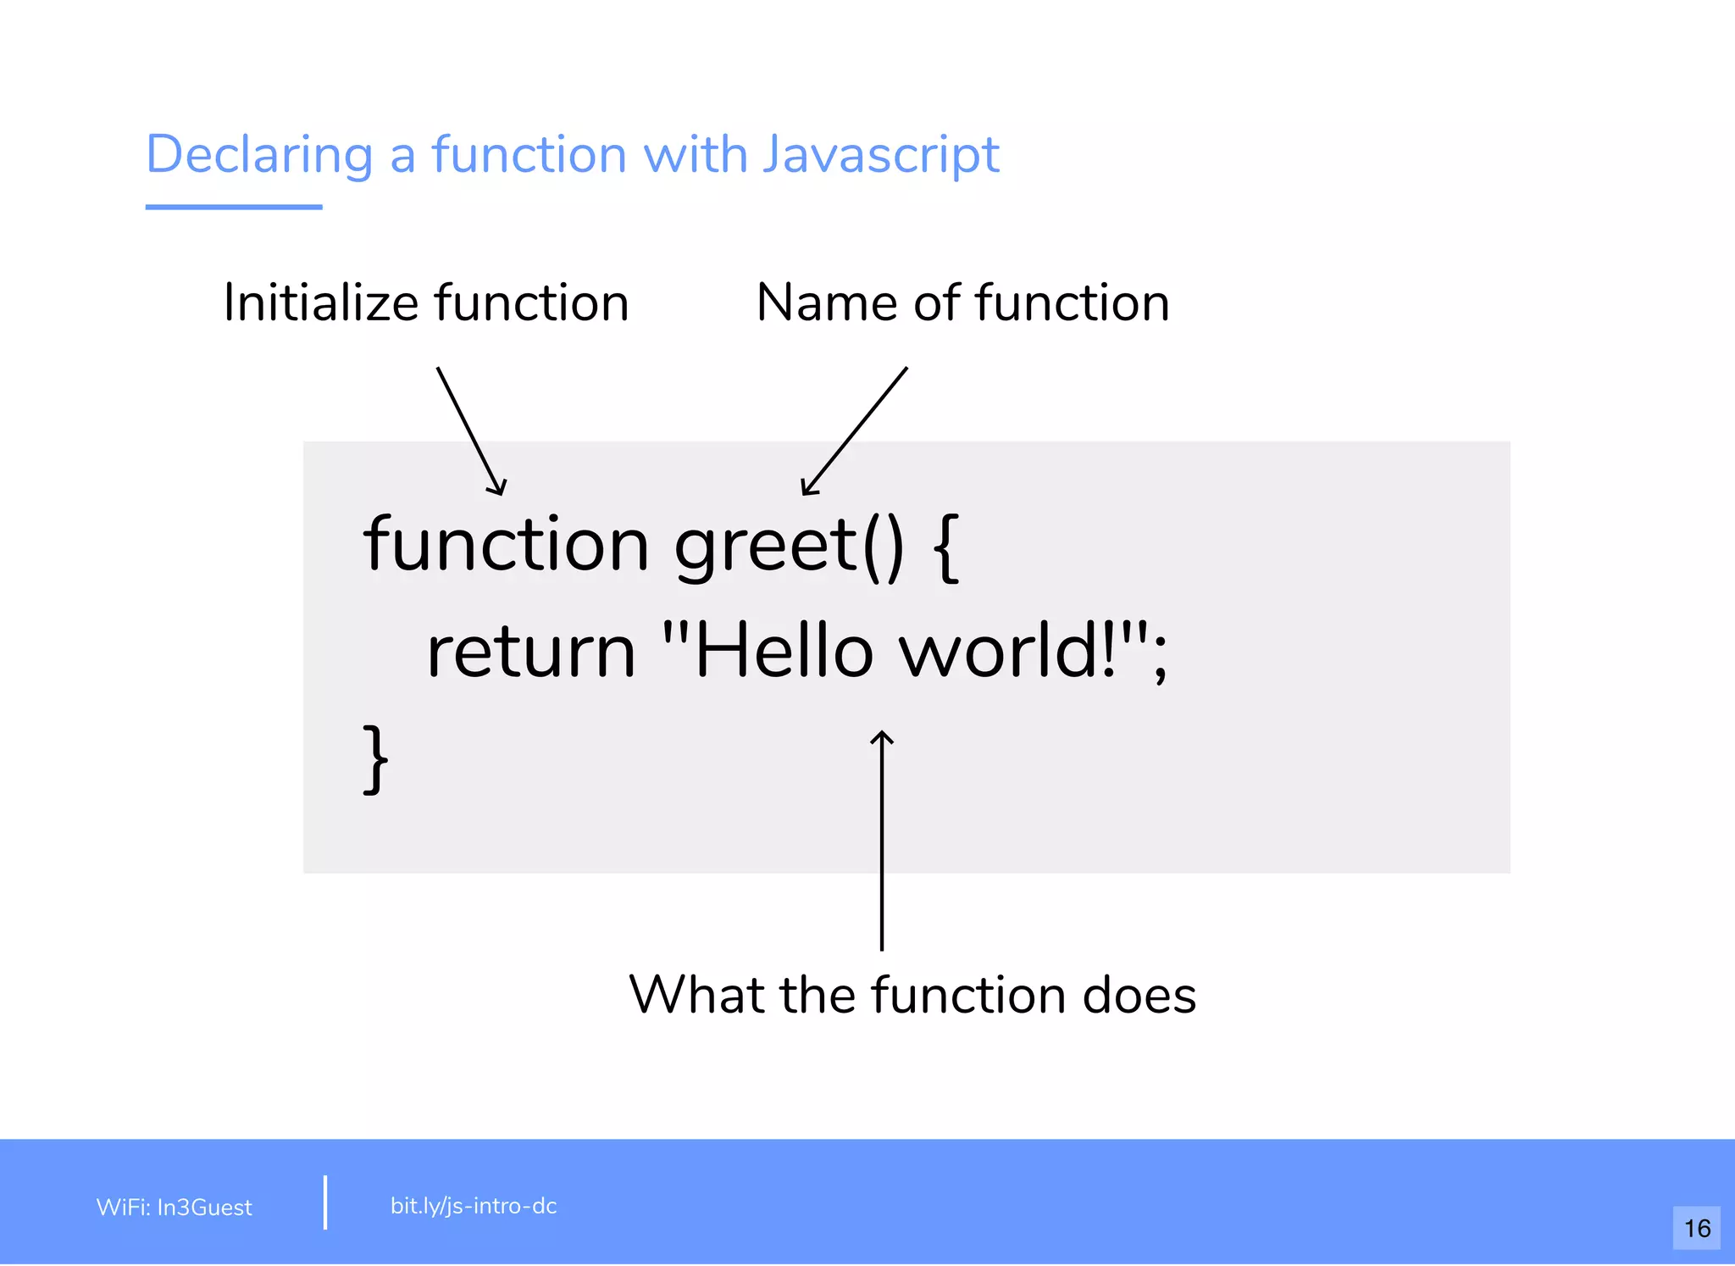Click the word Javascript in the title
[x=881, y=155]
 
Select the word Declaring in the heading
[x=259, y=155]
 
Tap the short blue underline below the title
[x=234, y=207]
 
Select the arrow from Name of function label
[x=854, y=431]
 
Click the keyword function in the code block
[x=506, y=544]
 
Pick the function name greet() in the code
[x=789, y=547]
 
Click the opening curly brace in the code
[x=946, y=547]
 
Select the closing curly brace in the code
[x=375, y=758]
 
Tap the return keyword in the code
[x=531, y=652]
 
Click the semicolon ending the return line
[x=1160, y=657]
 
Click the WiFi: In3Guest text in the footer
[x=175, y=1208]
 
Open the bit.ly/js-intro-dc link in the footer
[x=474, y=1206]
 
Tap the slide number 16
[x=1697, y=1228]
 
